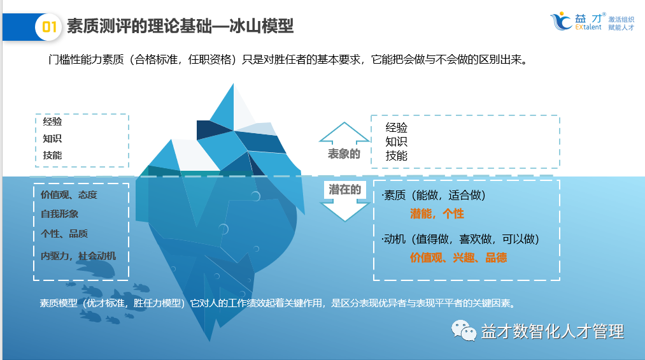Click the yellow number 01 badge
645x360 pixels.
click(50, 26)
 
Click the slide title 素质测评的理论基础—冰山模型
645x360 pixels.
click(180, 26)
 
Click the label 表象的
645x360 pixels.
click(344, 154)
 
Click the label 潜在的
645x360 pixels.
click(344, 189)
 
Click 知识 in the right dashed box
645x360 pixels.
click(396, 141)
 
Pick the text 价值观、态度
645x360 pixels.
click(69, 195)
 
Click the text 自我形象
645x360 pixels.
click(60, 214)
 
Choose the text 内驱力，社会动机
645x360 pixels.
click(78, 256)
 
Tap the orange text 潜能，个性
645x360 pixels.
click(437, 214)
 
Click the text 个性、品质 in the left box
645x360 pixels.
click(64, 234)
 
